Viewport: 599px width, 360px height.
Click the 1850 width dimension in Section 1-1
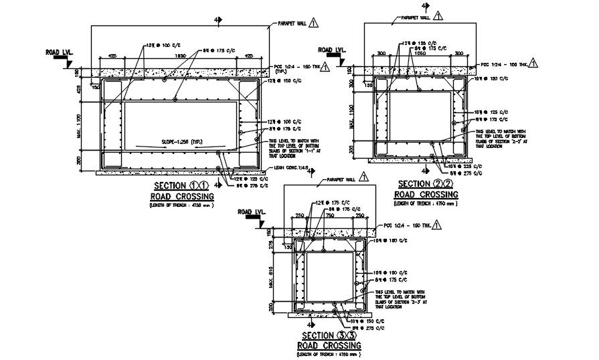[180, 56]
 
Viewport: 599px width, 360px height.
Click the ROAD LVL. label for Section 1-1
[58, 52]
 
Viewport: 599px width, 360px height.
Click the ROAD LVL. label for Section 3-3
[252, 212]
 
